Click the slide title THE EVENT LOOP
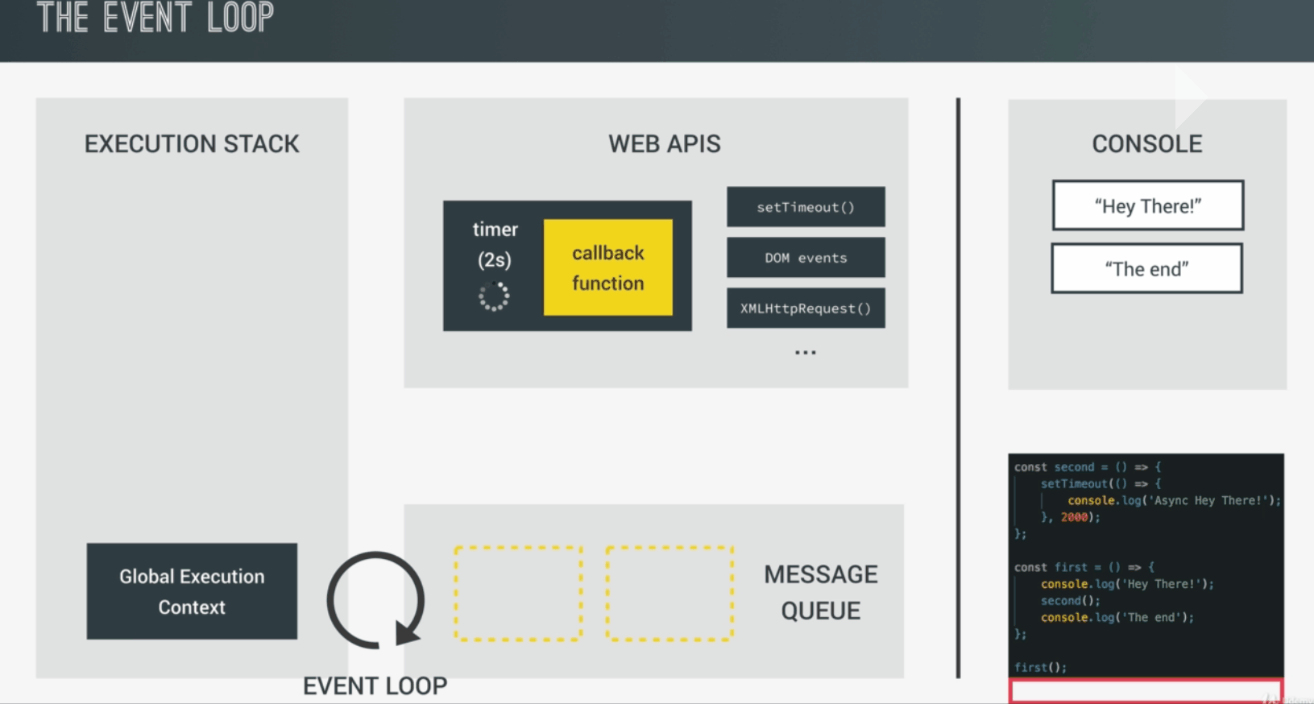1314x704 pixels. [x=155, y=18]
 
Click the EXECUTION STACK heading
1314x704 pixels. [x=192, y=144]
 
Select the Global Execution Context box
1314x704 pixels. [x=192, y=591]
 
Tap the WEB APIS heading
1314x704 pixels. [x=664, y=144]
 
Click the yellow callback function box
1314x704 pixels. [x=608, y=267]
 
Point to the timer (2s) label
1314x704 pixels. [x=495, y=244]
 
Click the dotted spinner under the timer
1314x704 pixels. [x=494, y=296]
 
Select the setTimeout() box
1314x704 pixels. [x=806, y=207]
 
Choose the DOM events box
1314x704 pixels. [x=806, y=258]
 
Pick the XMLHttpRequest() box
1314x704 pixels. [x=806, y=309]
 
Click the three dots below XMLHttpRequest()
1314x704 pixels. [x=806, y=353]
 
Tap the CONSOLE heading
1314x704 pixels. [x=1146, y=144]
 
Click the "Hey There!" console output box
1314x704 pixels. [x=1147, y=206]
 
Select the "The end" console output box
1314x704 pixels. [x=1146, y=269]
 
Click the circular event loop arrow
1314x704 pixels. [x=375, y=599]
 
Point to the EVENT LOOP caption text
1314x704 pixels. [x=375, y=685]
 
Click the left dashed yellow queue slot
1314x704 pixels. [x=518, y=594]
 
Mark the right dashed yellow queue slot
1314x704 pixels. [x=669, y=594]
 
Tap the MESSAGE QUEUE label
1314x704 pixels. [x=820, y=592]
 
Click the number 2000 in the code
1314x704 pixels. [x=1074, y=517]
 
